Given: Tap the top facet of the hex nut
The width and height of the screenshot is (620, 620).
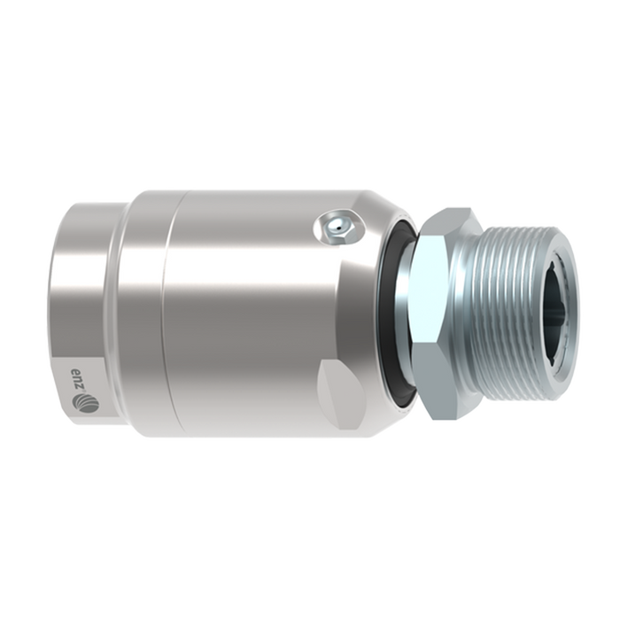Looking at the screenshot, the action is (454, 222).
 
